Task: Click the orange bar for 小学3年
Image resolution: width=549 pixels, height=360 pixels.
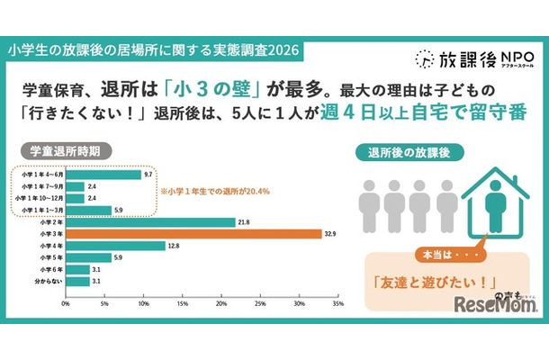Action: [x=193, y=232]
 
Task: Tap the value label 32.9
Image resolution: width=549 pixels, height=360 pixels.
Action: [x=331, y=232]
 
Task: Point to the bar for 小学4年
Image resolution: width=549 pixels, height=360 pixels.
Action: [x=114, y=245]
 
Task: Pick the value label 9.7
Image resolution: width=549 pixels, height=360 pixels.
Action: [x=149, y=174]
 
